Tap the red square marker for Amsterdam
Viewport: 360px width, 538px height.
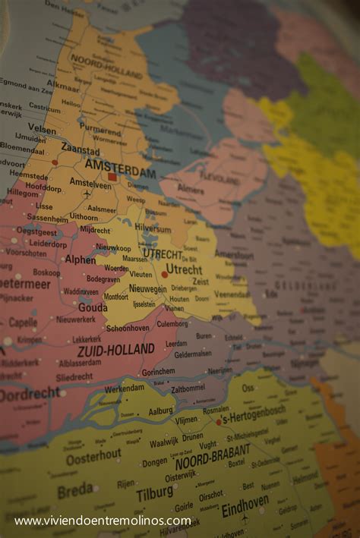(112, 177)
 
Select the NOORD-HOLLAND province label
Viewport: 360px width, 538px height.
(106, 67)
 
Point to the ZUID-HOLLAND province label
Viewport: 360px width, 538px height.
(115, 351)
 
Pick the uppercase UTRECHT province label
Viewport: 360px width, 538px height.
(163, 253)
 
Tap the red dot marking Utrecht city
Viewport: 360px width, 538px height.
(165, 275)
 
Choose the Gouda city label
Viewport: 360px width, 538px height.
(92, 308)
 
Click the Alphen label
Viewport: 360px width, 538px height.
(80, 259)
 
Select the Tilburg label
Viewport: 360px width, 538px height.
(154, 495)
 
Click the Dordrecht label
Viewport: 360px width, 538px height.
(29, 394)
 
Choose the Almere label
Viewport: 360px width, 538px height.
(191, 188)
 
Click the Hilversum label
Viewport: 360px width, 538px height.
(153, 227)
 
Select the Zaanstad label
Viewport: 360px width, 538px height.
(80, 149)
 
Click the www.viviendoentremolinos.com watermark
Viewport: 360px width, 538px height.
(103, 521)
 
